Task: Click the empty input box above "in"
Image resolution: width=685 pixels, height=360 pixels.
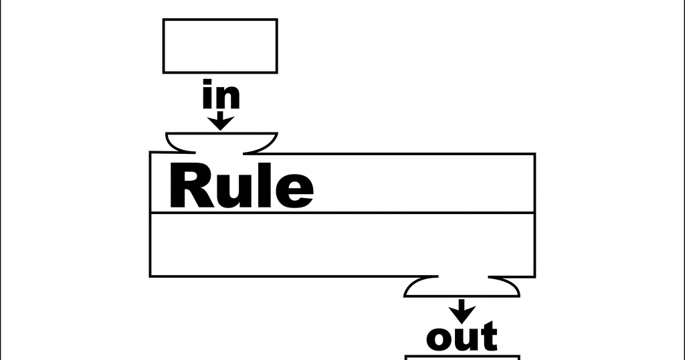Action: tap(220, 46)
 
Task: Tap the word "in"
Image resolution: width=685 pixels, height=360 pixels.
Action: tap(221, 97)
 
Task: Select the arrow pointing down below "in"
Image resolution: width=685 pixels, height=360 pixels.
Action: tap(221, 121)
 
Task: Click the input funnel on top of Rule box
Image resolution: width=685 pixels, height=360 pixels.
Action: tap(221, 142)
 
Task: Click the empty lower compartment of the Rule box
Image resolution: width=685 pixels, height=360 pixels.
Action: tap(342, 244)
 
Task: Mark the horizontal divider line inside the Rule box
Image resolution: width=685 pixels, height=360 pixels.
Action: tap(342, 213)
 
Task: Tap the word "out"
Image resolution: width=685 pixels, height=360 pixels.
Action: tap(462, 337)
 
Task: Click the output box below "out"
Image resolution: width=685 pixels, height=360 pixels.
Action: tap(462, 357)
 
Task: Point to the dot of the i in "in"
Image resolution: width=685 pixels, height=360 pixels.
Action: tap(208, 84)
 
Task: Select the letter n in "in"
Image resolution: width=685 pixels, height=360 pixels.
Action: tap(227, 99)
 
